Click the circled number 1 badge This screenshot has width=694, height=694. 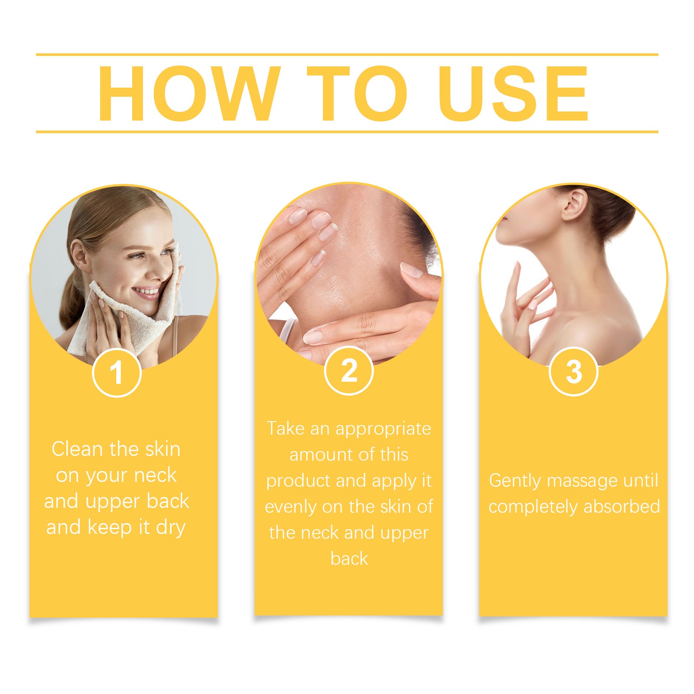click(117, 373)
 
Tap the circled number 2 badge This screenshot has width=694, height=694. click(349, 371)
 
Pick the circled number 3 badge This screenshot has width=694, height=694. click(573, 372)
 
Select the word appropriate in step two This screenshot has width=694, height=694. click(383, 429)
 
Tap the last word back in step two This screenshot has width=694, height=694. click(349, 559)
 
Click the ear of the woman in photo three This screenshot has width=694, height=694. click(575, 204)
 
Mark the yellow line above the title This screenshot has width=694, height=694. click(347, 55)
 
